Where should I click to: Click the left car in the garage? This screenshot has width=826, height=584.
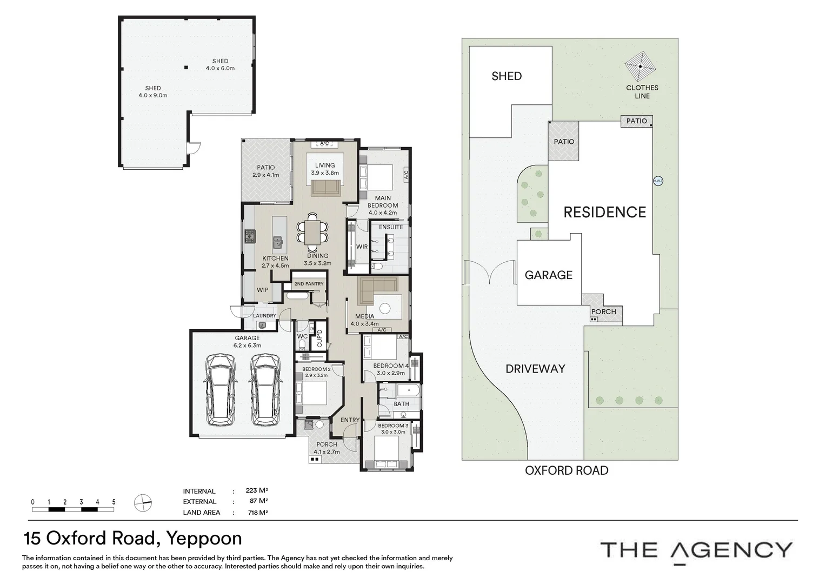[x=220, y=389]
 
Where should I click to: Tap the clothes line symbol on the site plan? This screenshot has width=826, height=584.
[x=640, y=67]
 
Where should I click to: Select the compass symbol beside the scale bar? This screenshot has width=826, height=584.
[x=143, y=503]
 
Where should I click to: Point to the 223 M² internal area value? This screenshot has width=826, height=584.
[x=257, y=490]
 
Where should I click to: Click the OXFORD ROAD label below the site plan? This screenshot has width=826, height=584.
[x=567, y=471]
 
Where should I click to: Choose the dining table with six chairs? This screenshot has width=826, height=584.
[x=312, y=232]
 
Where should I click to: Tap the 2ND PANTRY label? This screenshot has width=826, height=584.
[x=309, y=284]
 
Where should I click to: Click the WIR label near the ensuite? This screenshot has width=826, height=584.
[x=362, y=247]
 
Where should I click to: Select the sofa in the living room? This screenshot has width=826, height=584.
[x=325, y=188]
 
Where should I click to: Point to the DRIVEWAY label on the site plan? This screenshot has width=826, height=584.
[x=535, y=369]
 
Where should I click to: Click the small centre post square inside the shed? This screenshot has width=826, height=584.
[x=186, y=68]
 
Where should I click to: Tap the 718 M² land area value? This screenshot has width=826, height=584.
[x=258, y=513]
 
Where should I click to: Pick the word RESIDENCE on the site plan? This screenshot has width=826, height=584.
[x=605, y=213]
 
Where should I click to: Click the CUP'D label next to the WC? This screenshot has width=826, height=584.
[x=319, y=339]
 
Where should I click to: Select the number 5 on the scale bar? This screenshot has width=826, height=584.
[x=114, y=502]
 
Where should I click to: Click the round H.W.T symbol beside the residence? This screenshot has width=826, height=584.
[x=658, y=181]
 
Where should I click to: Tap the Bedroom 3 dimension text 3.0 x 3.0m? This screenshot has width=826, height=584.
[x=393, y=432]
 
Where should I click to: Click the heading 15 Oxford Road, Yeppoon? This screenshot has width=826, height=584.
[x=133, y=539]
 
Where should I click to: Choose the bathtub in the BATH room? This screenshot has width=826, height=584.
[x=408, y=391]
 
